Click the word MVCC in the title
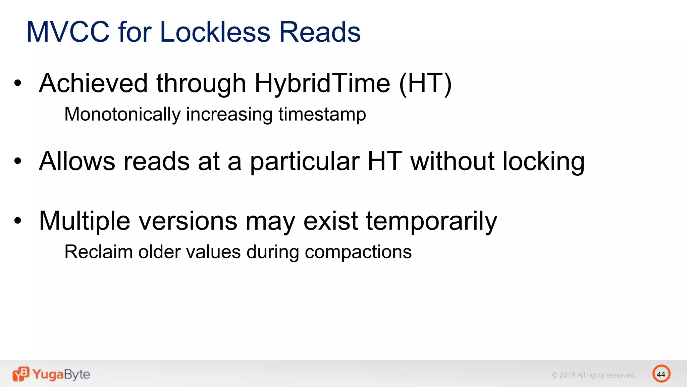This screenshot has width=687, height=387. pyautogui.click(x=68, y=32)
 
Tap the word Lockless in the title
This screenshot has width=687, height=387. pyautogui.click(x=215, y=32)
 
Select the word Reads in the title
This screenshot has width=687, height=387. pyautogui.click(x=320, y=32)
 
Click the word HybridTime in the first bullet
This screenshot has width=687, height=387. pyautogui.click(x=322, y=83)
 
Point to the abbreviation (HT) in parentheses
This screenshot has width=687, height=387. pyautogui.click(x=425, y=83)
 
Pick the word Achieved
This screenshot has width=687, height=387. pyautogui.click(x=93, y=83)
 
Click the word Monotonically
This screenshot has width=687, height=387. pyautogui.click(x=122, y=114)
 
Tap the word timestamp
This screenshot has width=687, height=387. pyautogui.click(x=322, y=114)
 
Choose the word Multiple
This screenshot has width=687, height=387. pyautogui.click(x=85, y=221)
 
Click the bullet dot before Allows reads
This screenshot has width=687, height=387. pyautogui.click(x=18, y=161)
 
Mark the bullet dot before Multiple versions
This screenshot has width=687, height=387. pyautogui.click(x=18, y=221)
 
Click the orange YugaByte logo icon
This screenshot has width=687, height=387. pyautogui.click(x=21, y=374)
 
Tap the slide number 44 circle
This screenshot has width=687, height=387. pyautogui.click(x=661, y=374)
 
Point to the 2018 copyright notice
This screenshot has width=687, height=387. pyautogui.click(x=594, y=375)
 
